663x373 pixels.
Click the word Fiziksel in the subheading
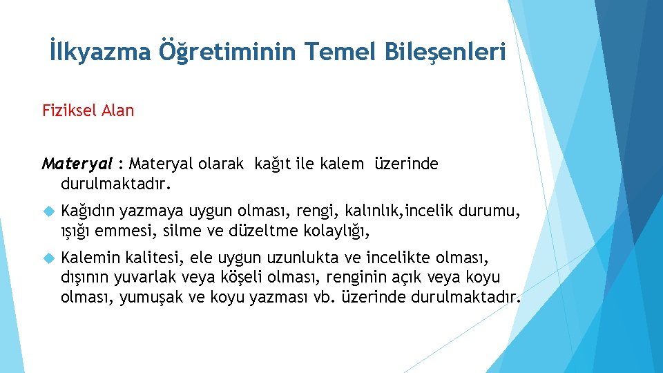[70, 111]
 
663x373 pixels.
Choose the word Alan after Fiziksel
[117, 111]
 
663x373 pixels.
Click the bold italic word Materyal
[77, 164]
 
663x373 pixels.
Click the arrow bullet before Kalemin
[47, 258]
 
